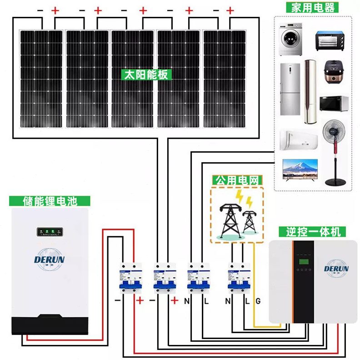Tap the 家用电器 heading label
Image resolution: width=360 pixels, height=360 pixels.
311,7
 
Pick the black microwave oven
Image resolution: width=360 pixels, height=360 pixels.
334,104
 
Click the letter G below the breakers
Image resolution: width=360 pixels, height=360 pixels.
258,300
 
